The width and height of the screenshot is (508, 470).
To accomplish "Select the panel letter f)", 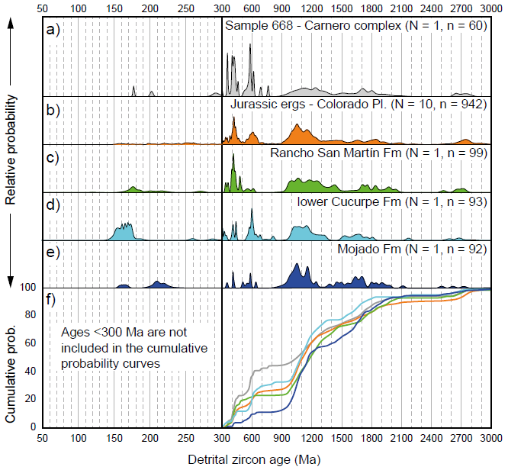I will click(52, 299).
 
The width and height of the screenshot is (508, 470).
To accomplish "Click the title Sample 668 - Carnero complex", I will click(355, 27).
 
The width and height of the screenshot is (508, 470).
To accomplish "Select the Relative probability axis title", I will click(11, 153).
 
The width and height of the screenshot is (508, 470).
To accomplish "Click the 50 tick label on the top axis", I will click(44, 7).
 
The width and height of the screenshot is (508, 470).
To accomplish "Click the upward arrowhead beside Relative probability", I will click(11, 24).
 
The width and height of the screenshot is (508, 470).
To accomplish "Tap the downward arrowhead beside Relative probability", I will click(11, 280).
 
